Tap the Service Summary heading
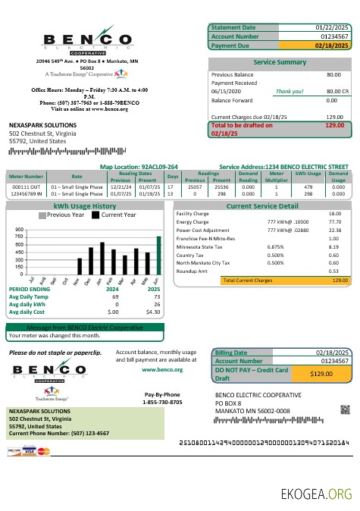[x=280, y=61]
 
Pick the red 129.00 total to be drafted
[x=334, y=125]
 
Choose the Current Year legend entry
[x=113, y=215]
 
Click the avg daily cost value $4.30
[x=152, y=312]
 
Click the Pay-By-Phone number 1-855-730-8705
[x=162, y=403]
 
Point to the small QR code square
[x=345, y=409]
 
